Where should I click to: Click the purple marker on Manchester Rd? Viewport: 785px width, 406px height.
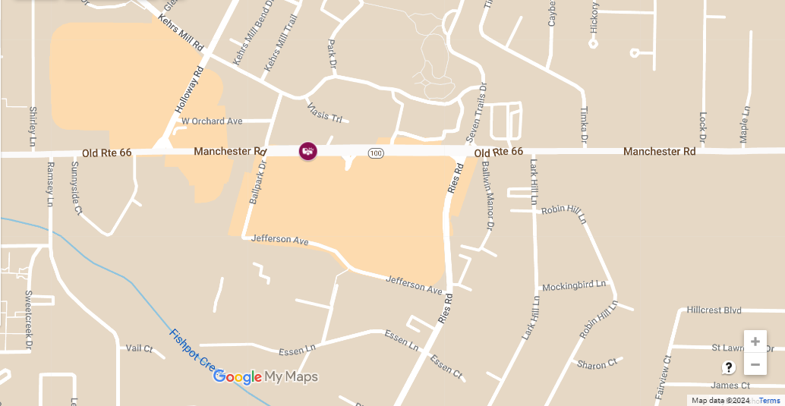coord(307,150)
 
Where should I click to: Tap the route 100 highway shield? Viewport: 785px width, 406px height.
coord(376,153)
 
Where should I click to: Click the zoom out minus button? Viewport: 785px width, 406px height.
coord(755,365)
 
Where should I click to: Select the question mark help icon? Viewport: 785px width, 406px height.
coord(729,367)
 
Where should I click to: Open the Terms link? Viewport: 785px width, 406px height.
coord(769,400)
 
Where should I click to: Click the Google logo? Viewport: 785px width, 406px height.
coord(238,377)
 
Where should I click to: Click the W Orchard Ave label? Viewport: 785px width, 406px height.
coord(212,121)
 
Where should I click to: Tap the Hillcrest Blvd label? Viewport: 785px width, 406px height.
coord(714,310)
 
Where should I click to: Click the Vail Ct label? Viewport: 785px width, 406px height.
coord(139,348)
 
